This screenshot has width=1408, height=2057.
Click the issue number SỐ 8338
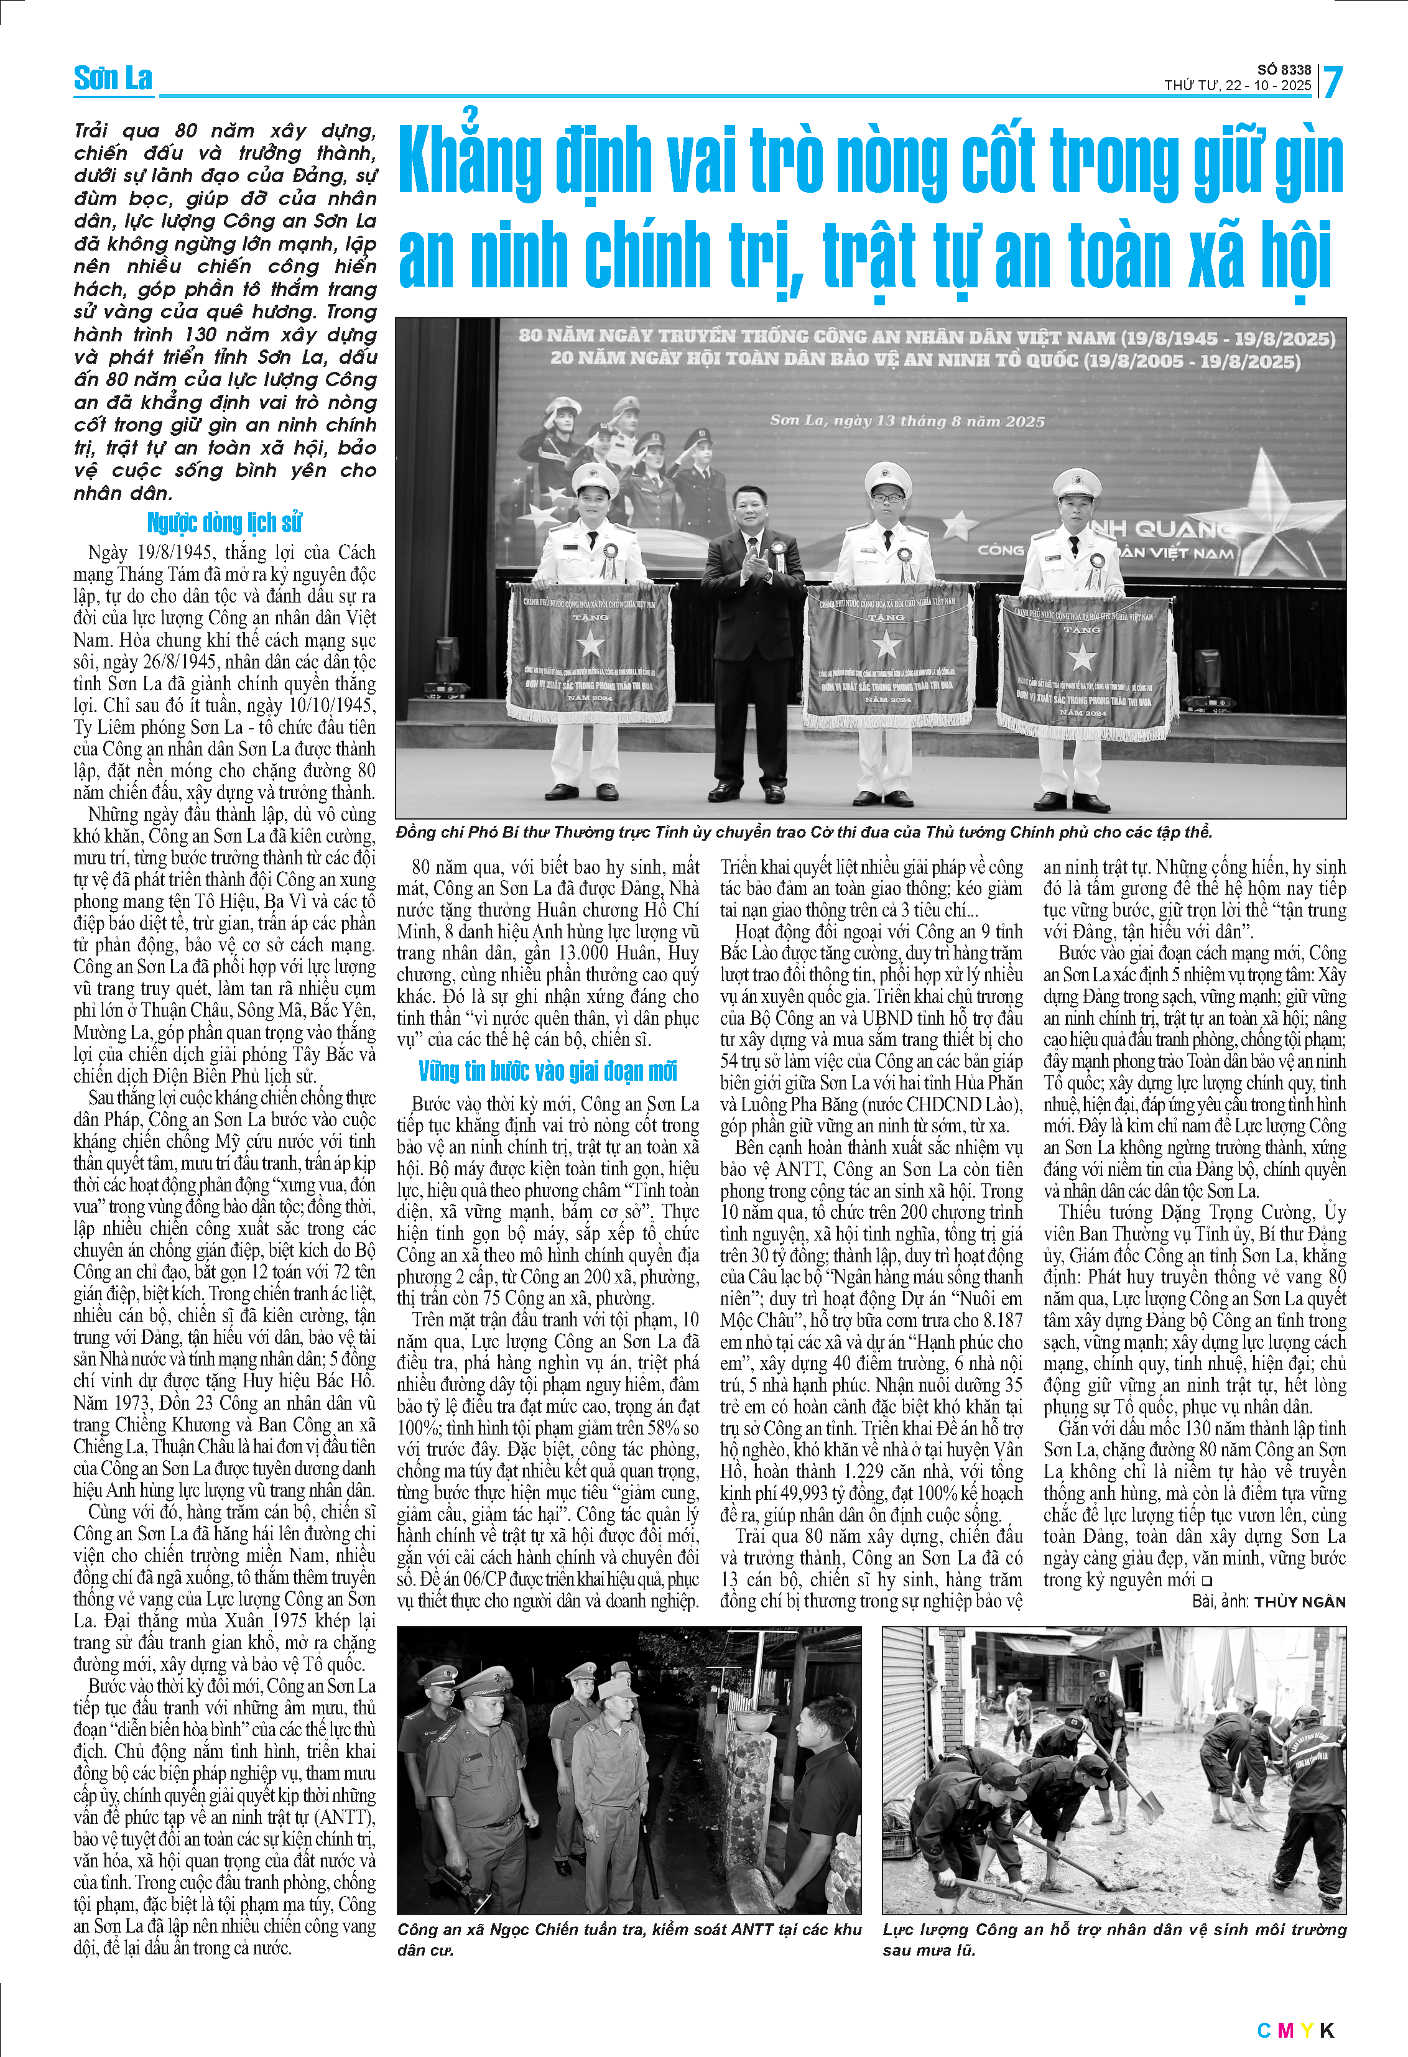coord(1284,70)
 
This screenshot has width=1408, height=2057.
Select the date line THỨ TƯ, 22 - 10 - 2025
coord(1237,86)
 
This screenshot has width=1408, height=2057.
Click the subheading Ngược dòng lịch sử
coord(225,523)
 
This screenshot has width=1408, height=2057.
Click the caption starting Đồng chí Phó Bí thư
coord(804,832)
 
